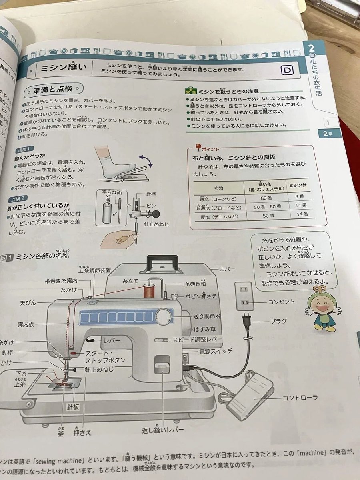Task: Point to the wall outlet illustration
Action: pos(244,296)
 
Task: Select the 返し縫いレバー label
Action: pos(163,430)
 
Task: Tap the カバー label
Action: pos(227,268)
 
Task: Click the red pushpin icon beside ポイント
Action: pos(198,147)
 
